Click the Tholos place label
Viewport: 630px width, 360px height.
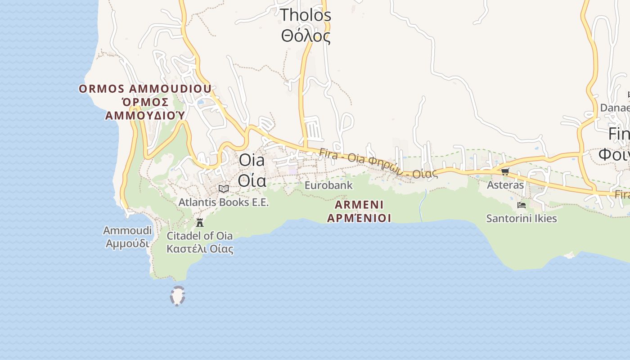pyautogui.click(x=306, y=15)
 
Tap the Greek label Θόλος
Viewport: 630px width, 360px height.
pyautogui.click(x=306, y=36)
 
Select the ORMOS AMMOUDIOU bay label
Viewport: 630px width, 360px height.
pyautogui.click(x=145, y=89)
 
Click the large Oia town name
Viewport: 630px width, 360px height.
pyautogui.click(x=252, y=160)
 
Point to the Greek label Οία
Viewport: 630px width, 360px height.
pyautogui.click(x=252, y=180)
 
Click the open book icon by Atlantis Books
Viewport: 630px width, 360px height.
pyautogui.click(x=224, y=189)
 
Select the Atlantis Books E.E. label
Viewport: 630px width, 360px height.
pyautogui.click(x=224, y=202)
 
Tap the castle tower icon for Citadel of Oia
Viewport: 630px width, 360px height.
pyautogui.click(x=200, y=222)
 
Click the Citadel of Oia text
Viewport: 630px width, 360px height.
pyautogui.click(x=200, y=235)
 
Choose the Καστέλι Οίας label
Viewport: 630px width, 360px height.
pyautogui.click(x=200, y=248)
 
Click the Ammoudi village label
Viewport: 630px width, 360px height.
pyautogui.click(x=127, y=230)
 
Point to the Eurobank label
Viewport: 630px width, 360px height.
pyautogui.click(x=328, y=185)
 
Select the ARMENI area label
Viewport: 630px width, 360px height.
pyautogui.click(x=359, y=205)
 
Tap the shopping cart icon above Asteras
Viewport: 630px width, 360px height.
pyautogui.click(x=505, y=172)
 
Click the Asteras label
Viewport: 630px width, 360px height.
pyautogui.click(x=505, y=184)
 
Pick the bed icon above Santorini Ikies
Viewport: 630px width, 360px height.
pyautogui.click(x=522, y=205)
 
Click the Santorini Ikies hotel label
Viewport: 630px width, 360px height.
pyautogui.click(x=522, y=219)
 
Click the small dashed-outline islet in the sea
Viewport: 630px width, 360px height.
pyautogui.click(x=178, y=296)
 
